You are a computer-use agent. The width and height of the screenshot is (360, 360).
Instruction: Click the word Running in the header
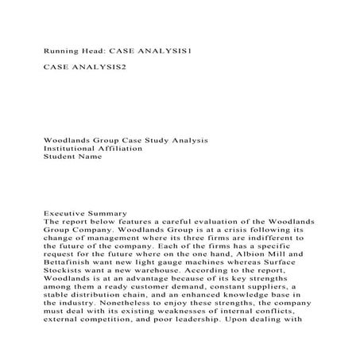click(61, 50)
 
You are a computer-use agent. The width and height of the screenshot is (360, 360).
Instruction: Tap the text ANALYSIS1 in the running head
click(165, 50)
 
